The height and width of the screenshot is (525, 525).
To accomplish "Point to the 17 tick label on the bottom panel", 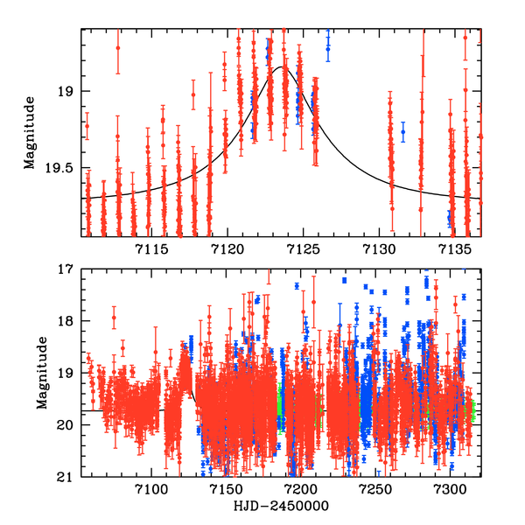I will point(67,269).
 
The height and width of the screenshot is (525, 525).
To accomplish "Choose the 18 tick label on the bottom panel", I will point(67,321).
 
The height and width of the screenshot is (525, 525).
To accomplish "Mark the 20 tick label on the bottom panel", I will point(67,425).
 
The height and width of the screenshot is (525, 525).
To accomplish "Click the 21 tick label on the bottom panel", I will point(67,477).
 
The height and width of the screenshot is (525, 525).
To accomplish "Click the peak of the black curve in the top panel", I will point(282,66).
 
